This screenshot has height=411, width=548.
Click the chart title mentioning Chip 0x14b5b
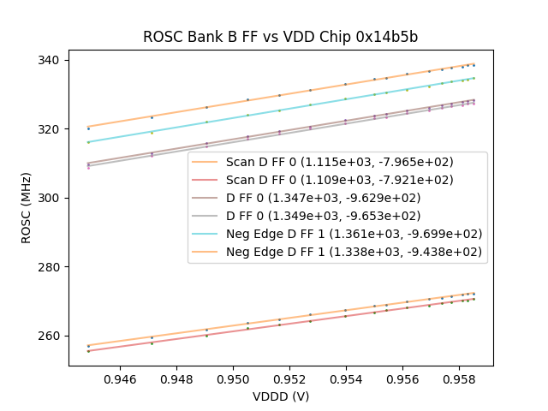tap(280, 37)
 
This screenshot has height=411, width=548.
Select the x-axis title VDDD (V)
tap(280, 396)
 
